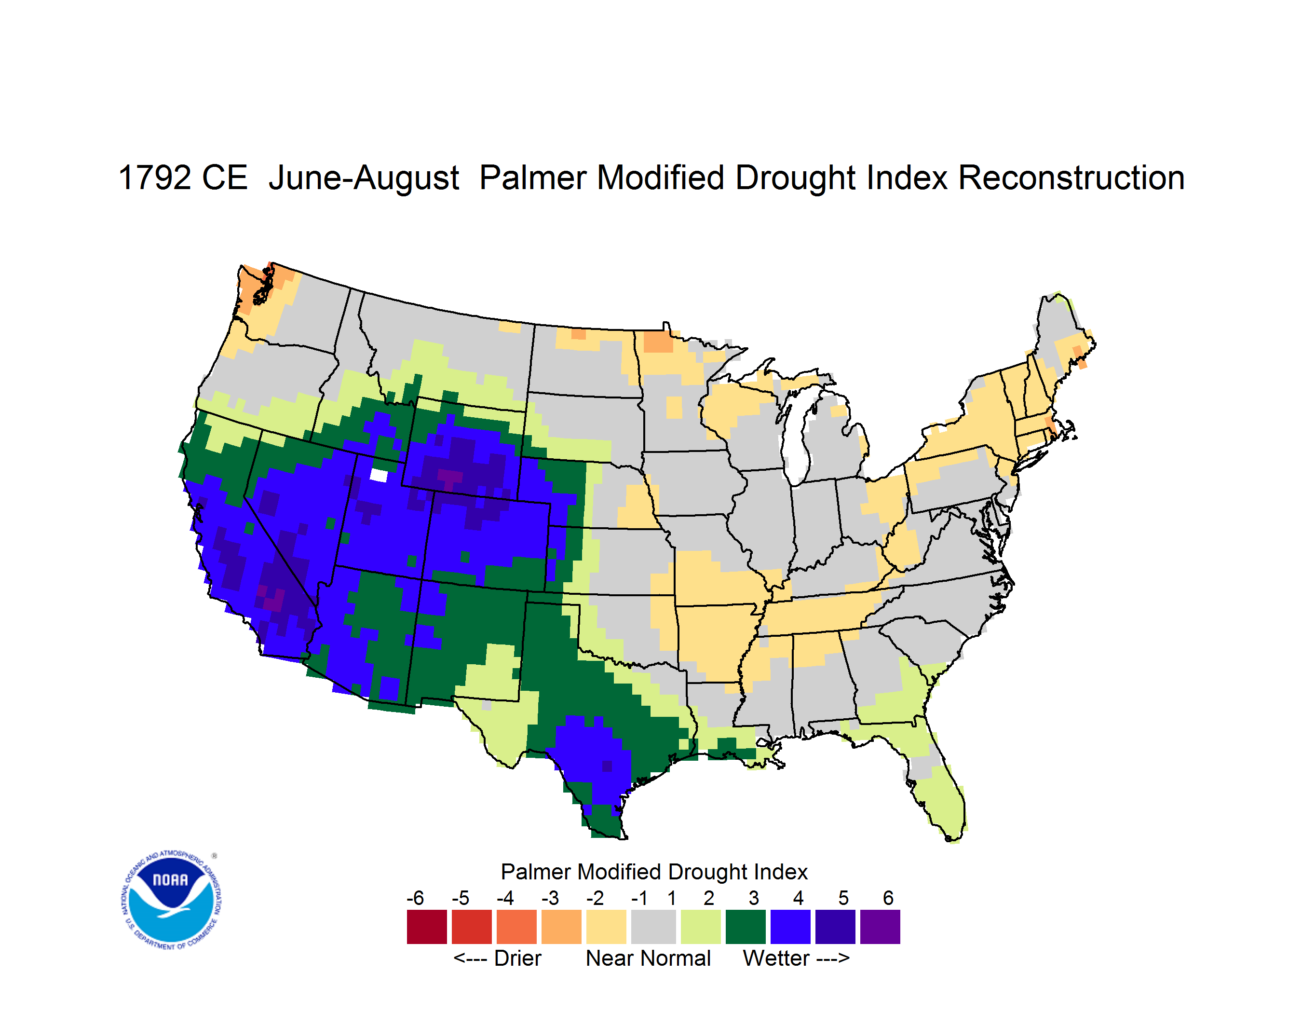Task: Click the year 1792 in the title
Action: coord(153,178)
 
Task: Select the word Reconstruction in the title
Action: coord(1071,178)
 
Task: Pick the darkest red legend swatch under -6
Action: coord(427,927)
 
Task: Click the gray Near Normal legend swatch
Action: coord(653,927)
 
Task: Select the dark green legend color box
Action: coord(745,927)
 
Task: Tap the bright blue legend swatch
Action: coord(790,927)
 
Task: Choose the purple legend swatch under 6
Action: coord(880,927)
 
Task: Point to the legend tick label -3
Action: coord(550,898)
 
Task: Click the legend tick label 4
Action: coord(798,898)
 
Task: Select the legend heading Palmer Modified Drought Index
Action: coord(654,872)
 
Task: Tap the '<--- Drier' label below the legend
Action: coord(497,958)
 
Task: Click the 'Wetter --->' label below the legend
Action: coord(796,958)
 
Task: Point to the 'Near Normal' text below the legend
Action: coord(648,958)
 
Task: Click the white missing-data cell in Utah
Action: coord(379,475)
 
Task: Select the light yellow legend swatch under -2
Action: coord(606,927)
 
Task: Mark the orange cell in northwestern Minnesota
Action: coord(658,342)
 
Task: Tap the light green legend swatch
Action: coord(701,927)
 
